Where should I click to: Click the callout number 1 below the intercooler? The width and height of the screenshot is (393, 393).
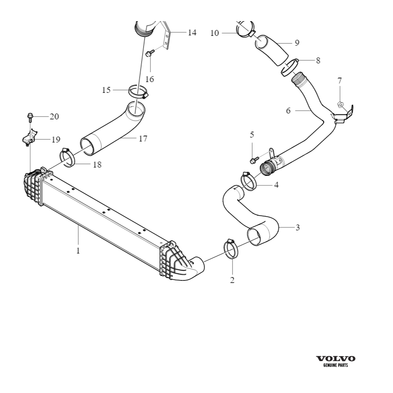(x=78, y=250)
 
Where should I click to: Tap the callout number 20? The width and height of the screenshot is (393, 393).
(x=54, y=116)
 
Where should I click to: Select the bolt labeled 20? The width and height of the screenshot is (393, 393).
(x=30, y=117)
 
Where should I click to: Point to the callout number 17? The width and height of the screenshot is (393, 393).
(x=142, y=139)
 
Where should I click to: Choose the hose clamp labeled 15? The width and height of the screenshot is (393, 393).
(x=138, y=91)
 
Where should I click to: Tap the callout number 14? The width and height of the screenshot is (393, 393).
(x=192, y=33)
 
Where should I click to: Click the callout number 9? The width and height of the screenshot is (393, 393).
(x=297, y=43)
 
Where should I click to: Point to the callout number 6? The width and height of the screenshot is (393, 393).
(x=288, y=111)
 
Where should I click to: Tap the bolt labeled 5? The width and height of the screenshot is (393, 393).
(x=253, y=160)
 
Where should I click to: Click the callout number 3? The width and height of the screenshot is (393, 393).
(x=297, y=227)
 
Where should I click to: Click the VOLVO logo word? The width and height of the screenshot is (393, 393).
(x=336, y=359)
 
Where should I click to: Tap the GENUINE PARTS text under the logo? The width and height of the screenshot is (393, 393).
(x=336, y=366)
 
